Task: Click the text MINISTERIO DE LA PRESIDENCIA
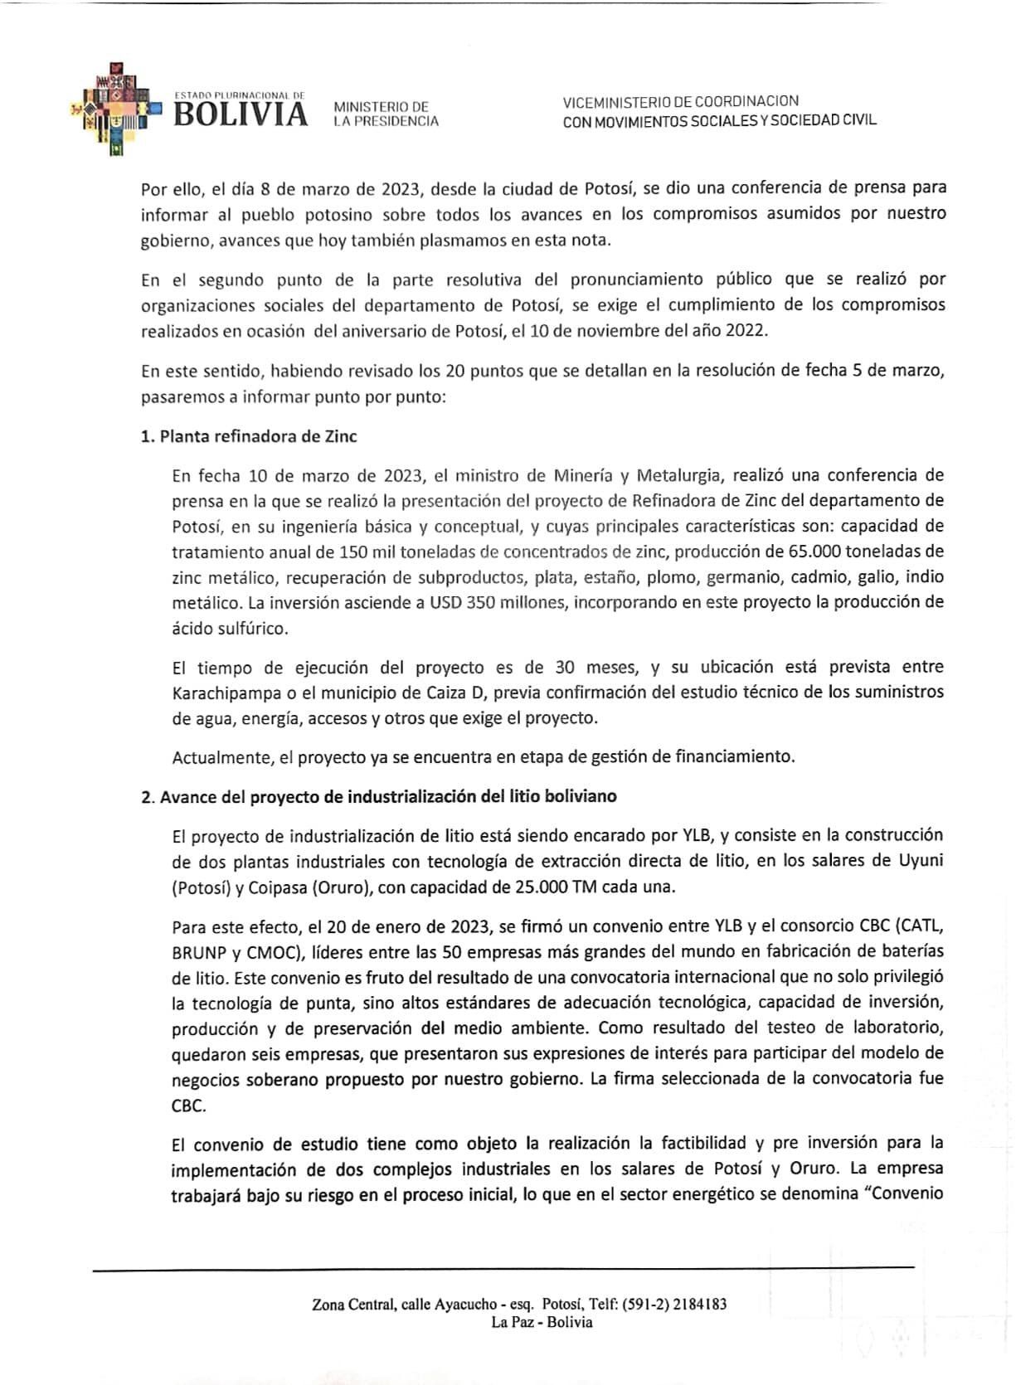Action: point(385,114)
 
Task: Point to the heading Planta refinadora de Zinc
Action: point(249,436)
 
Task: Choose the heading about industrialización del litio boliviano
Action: point(379,796)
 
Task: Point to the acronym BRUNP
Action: point(197,951)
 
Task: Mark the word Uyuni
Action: point(921,861)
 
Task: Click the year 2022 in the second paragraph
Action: point(746,330)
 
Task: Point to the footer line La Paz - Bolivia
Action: point(542,1322)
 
